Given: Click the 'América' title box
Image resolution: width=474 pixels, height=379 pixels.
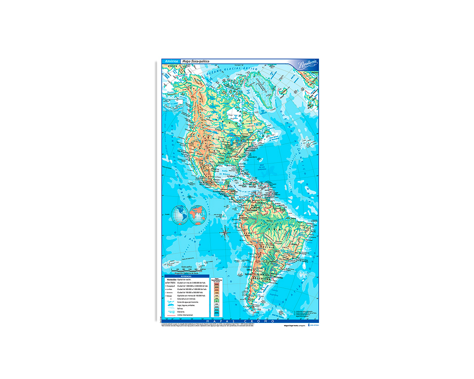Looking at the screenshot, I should tap(172, 61).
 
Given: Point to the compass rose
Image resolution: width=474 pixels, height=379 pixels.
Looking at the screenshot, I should tap(225, 233).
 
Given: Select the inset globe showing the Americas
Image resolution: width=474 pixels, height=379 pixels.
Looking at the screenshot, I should tap(180, 215).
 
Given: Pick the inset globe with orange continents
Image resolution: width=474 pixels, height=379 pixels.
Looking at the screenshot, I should tap(198, 215).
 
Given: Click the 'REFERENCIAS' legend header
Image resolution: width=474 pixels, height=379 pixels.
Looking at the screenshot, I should tap(186, 276).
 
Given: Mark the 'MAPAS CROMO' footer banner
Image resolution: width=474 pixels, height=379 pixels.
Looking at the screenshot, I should tap(239, 321).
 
